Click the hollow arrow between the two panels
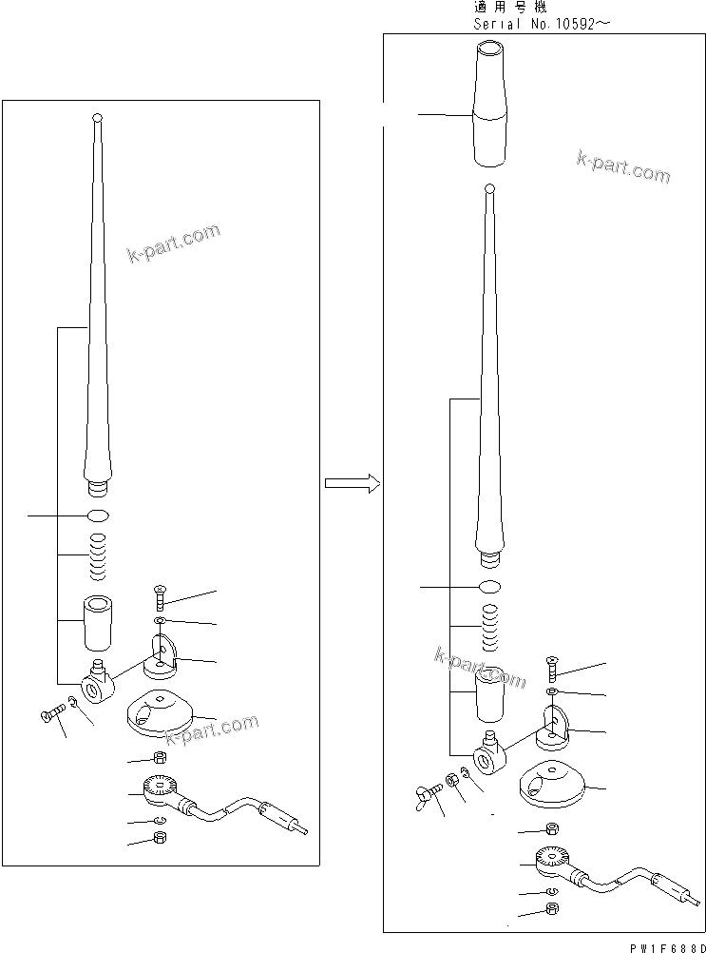tap(352, 484)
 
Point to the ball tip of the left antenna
tap(97, 119)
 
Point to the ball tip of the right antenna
tap(488, 189)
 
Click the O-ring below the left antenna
tap(98, 515)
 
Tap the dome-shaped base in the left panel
tap(159, 713)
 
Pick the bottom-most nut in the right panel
tap(554, 909)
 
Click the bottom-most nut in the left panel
tap(160, 839)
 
